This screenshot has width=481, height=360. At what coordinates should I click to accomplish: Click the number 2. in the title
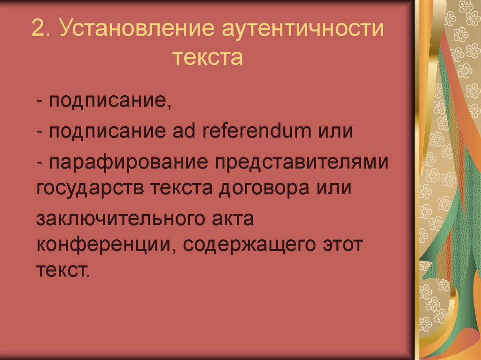pyautogui.click(x=41, y=32)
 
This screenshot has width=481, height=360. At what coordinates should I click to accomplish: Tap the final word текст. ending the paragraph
pyautogui.click(x=62, y=271)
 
